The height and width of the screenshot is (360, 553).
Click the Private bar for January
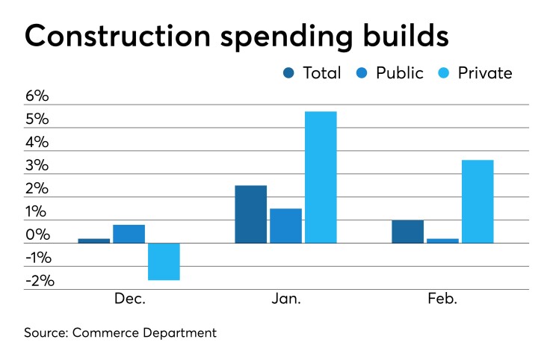321,177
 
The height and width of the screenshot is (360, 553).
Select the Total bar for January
250,214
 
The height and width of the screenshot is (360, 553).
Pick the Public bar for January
285,226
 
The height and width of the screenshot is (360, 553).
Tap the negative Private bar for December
164,261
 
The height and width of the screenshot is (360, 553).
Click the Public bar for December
129,234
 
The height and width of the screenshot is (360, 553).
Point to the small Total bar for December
93,240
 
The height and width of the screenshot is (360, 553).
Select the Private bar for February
477,202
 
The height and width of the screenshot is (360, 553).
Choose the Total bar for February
407,232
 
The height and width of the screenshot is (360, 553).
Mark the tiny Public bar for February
442,240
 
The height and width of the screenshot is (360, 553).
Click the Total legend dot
289,73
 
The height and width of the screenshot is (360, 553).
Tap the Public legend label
400,73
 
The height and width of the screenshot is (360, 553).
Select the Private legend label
486,73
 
